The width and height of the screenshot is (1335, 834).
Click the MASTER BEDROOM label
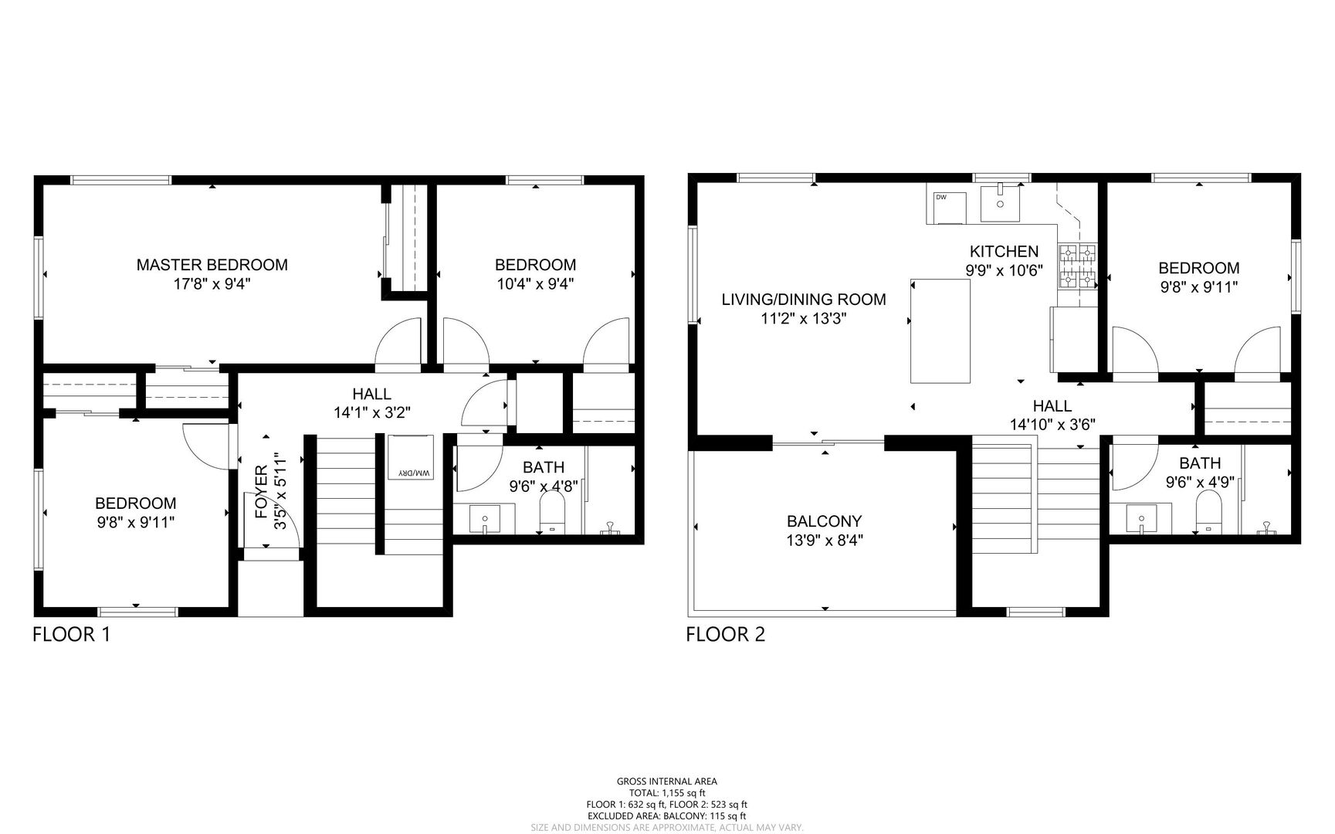click(212, 265)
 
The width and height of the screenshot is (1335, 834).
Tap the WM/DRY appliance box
click(410, 458)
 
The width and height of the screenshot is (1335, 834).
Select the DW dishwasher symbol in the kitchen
click(949, 207)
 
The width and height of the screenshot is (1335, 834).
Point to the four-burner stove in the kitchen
click(1077, 267)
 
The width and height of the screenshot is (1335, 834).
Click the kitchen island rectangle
click(940, 331)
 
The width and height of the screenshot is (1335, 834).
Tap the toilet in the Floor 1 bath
click(551, 513)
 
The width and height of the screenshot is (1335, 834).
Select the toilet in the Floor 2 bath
click(1208, 513)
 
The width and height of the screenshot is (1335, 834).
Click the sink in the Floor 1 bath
click(484, 518)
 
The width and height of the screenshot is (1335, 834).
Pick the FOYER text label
click(261, 491)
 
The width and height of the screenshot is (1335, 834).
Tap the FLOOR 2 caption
click(725, 635)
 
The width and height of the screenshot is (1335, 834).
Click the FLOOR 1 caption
click(71, 635)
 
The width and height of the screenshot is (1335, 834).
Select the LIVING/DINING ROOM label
click(804, 300)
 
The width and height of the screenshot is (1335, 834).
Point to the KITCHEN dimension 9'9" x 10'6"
click(1004, 270)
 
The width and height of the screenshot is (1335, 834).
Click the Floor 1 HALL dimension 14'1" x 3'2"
click(371, 413)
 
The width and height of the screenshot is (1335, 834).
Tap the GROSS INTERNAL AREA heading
click(666, 781)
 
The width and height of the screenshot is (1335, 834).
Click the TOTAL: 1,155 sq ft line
click(666, 793)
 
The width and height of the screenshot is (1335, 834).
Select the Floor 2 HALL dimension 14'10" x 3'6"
click(1052, 424)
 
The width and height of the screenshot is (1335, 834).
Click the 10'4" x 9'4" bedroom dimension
click(535, 283)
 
